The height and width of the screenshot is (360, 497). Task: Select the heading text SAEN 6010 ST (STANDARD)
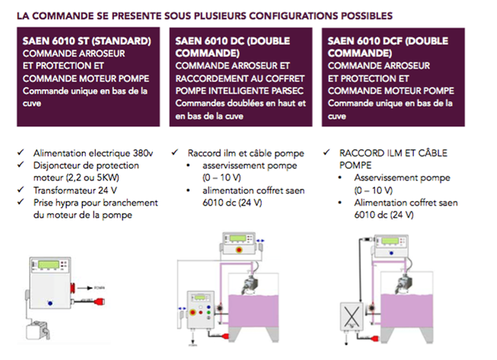pos(87,40)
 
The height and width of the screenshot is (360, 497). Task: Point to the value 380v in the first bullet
pos(132,152)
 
